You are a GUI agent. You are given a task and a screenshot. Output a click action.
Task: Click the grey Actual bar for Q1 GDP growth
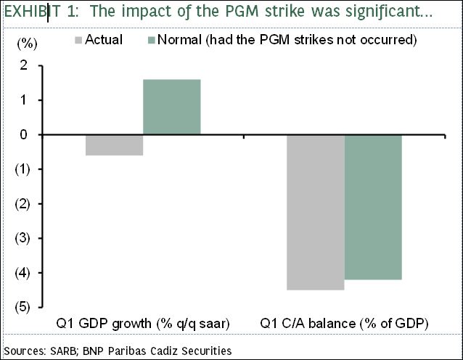pos(114,145)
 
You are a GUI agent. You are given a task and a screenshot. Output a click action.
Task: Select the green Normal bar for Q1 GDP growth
pos(172,107)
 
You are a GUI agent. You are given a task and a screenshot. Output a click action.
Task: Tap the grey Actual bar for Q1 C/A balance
pos(316,212)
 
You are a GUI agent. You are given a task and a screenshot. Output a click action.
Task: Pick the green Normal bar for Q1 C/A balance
pos(372,207)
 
